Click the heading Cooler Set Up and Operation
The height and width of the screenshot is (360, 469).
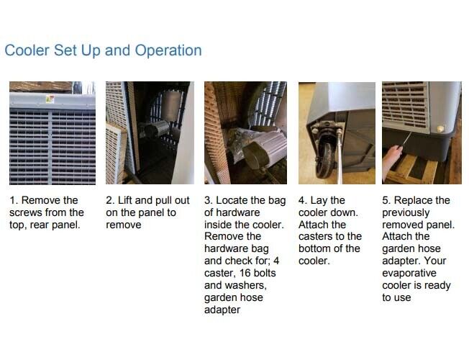click(103, 50)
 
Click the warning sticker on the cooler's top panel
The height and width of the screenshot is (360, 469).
click(50, 99)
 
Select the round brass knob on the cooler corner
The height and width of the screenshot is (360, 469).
click(440, 129)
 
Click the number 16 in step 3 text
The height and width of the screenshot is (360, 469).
click(245, 273)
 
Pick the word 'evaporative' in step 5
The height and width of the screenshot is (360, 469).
click(409, 273)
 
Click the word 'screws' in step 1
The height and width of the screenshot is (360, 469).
click(25, 212)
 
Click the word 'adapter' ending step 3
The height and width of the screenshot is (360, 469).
click(222, 310)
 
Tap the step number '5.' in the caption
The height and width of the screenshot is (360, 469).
click(386, 200)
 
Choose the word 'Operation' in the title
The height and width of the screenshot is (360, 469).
click(168, 50)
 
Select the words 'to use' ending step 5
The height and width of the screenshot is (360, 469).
click(396, 297)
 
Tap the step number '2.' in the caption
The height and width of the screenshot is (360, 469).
click(110, 200)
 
